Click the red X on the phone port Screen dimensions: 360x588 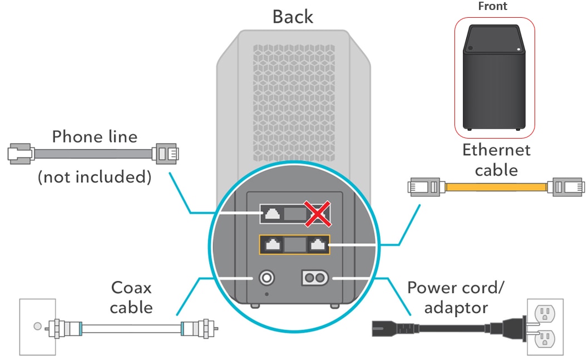[317, 214]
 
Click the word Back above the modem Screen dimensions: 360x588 [293, 17]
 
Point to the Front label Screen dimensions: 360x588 [492, 7]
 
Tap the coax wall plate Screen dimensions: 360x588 [38, 326]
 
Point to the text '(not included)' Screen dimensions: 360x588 [94, 177]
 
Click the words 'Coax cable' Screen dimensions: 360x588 [131, 297]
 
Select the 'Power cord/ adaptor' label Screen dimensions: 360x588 [456, 297]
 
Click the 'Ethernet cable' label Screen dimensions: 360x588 [496, 160]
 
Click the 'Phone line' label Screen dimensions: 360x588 [94, 136]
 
